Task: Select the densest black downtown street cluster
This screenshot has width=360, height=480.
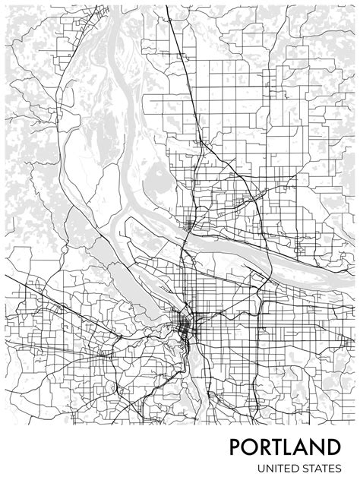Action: pyautogui.click(x=184, y=325)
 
